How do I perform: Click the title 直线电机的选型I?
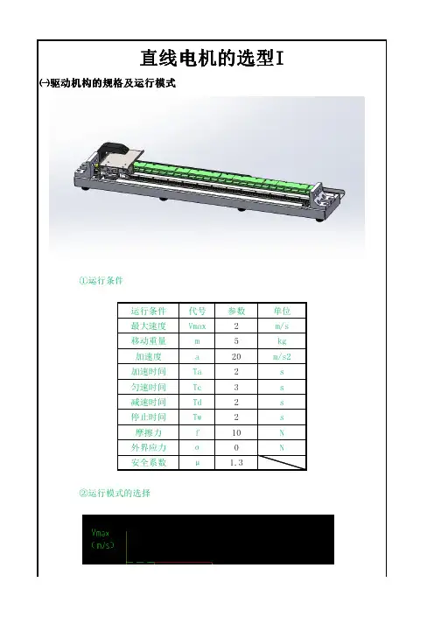point(212,59)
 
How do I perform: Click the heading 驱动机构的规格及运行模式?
point(112,83)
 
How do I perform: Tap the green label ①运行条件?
point(101,281)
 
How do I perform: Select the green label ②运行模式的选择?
point(115,493)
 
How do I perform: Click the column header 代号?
point(197,311)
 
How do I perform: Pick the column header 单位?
point(282,311)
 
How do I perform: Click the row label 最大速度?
point(149,326)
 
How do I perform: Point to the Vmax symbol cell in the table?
point(197,326)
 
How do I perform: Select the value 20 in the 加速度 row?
point(236,356)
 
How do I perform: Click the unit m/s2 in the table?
point(282,356)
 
